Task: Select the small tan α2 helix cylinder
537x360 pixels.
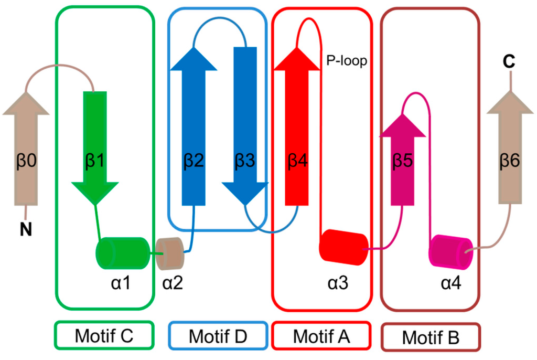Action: [x=170, y=251]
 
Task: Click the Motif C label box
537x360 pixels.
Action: [x=104, y=335]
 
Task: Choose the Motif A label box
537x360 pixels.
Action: [x=321, y=335]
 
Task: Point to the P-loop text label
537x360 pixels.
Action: [x=347, y=61]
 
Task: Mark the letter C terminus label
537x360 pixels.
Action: [x=508, y=61]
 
